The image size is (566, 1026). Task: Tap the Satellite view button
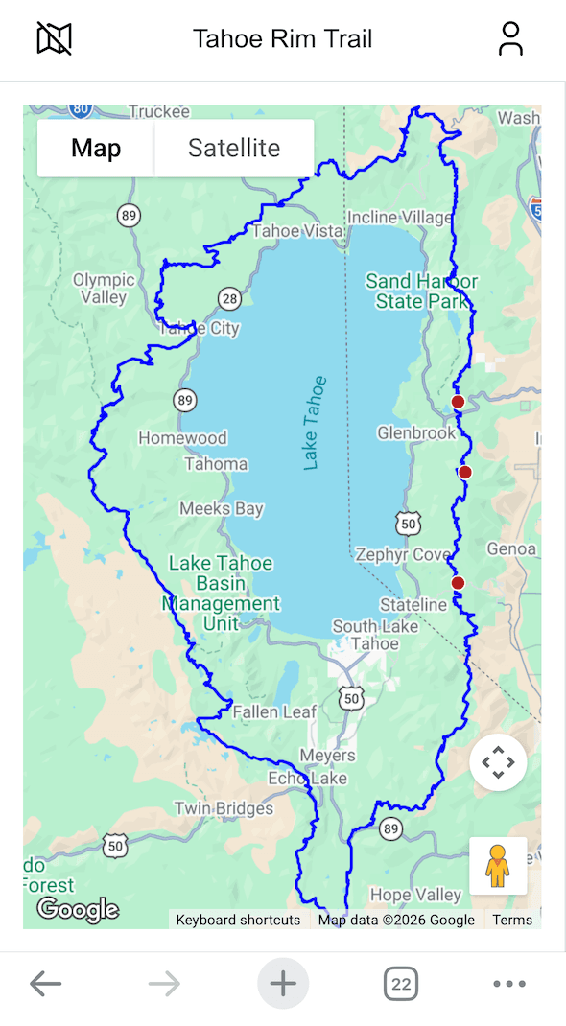pos(234,149)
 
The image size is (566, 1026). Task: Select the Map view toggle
pos(96,149)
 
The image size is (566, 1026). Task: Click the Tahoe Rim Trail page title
pos(282,39)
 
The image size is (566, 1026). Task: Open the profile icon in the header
pos(510,39)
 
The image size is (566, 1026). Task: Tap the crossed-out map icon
pos(55,39)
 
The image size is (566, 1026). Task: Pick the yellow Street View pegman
pos(497,866)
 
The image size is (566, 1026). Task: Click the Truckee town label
pos(159,112)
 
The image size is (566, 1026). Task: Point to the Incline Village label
pos(398,218)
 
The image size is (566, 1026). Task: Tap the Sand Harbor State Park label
pos(421,291)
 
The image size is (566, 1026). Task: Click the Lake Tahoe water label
pos(315,423)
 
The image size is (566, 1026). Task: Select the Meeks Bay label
pos(222,509)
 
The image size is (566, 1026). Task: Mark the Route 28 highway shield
pos(228,299)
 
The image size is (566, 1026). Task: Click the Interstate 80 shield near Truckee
pos(82,108)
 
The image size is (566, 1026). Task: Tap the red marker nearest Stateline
pos(458,583)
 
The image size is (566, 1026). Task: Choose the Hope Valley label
pos(415,895)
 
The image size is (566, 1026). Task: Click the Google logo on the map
pos(78,909)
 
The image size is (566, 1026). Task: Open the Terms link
pos(512,920)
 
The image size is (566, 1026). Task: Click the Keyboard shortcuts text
pos(238,920)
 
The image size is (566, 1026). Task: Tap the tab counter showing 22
pos(401,984)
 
